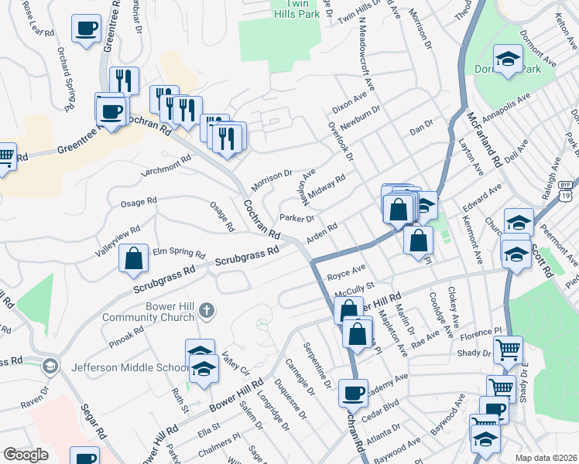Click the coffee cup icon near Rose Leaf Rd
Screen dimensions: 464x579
[x=86, y=29]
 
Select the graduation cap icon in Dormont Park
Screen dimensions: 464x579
[x=508, y=60]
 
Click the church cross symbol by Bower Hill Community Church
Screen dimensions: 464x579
[x=206, y=311]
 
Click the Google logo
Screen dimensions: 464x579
[x=26, y=455]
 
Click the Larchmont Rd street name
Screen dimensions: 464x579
[x=166, y=166]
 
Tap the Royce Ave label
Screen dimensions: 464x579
[x=346, y=273]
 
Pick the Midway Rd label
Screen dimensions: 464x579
[x=326, y=186]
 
